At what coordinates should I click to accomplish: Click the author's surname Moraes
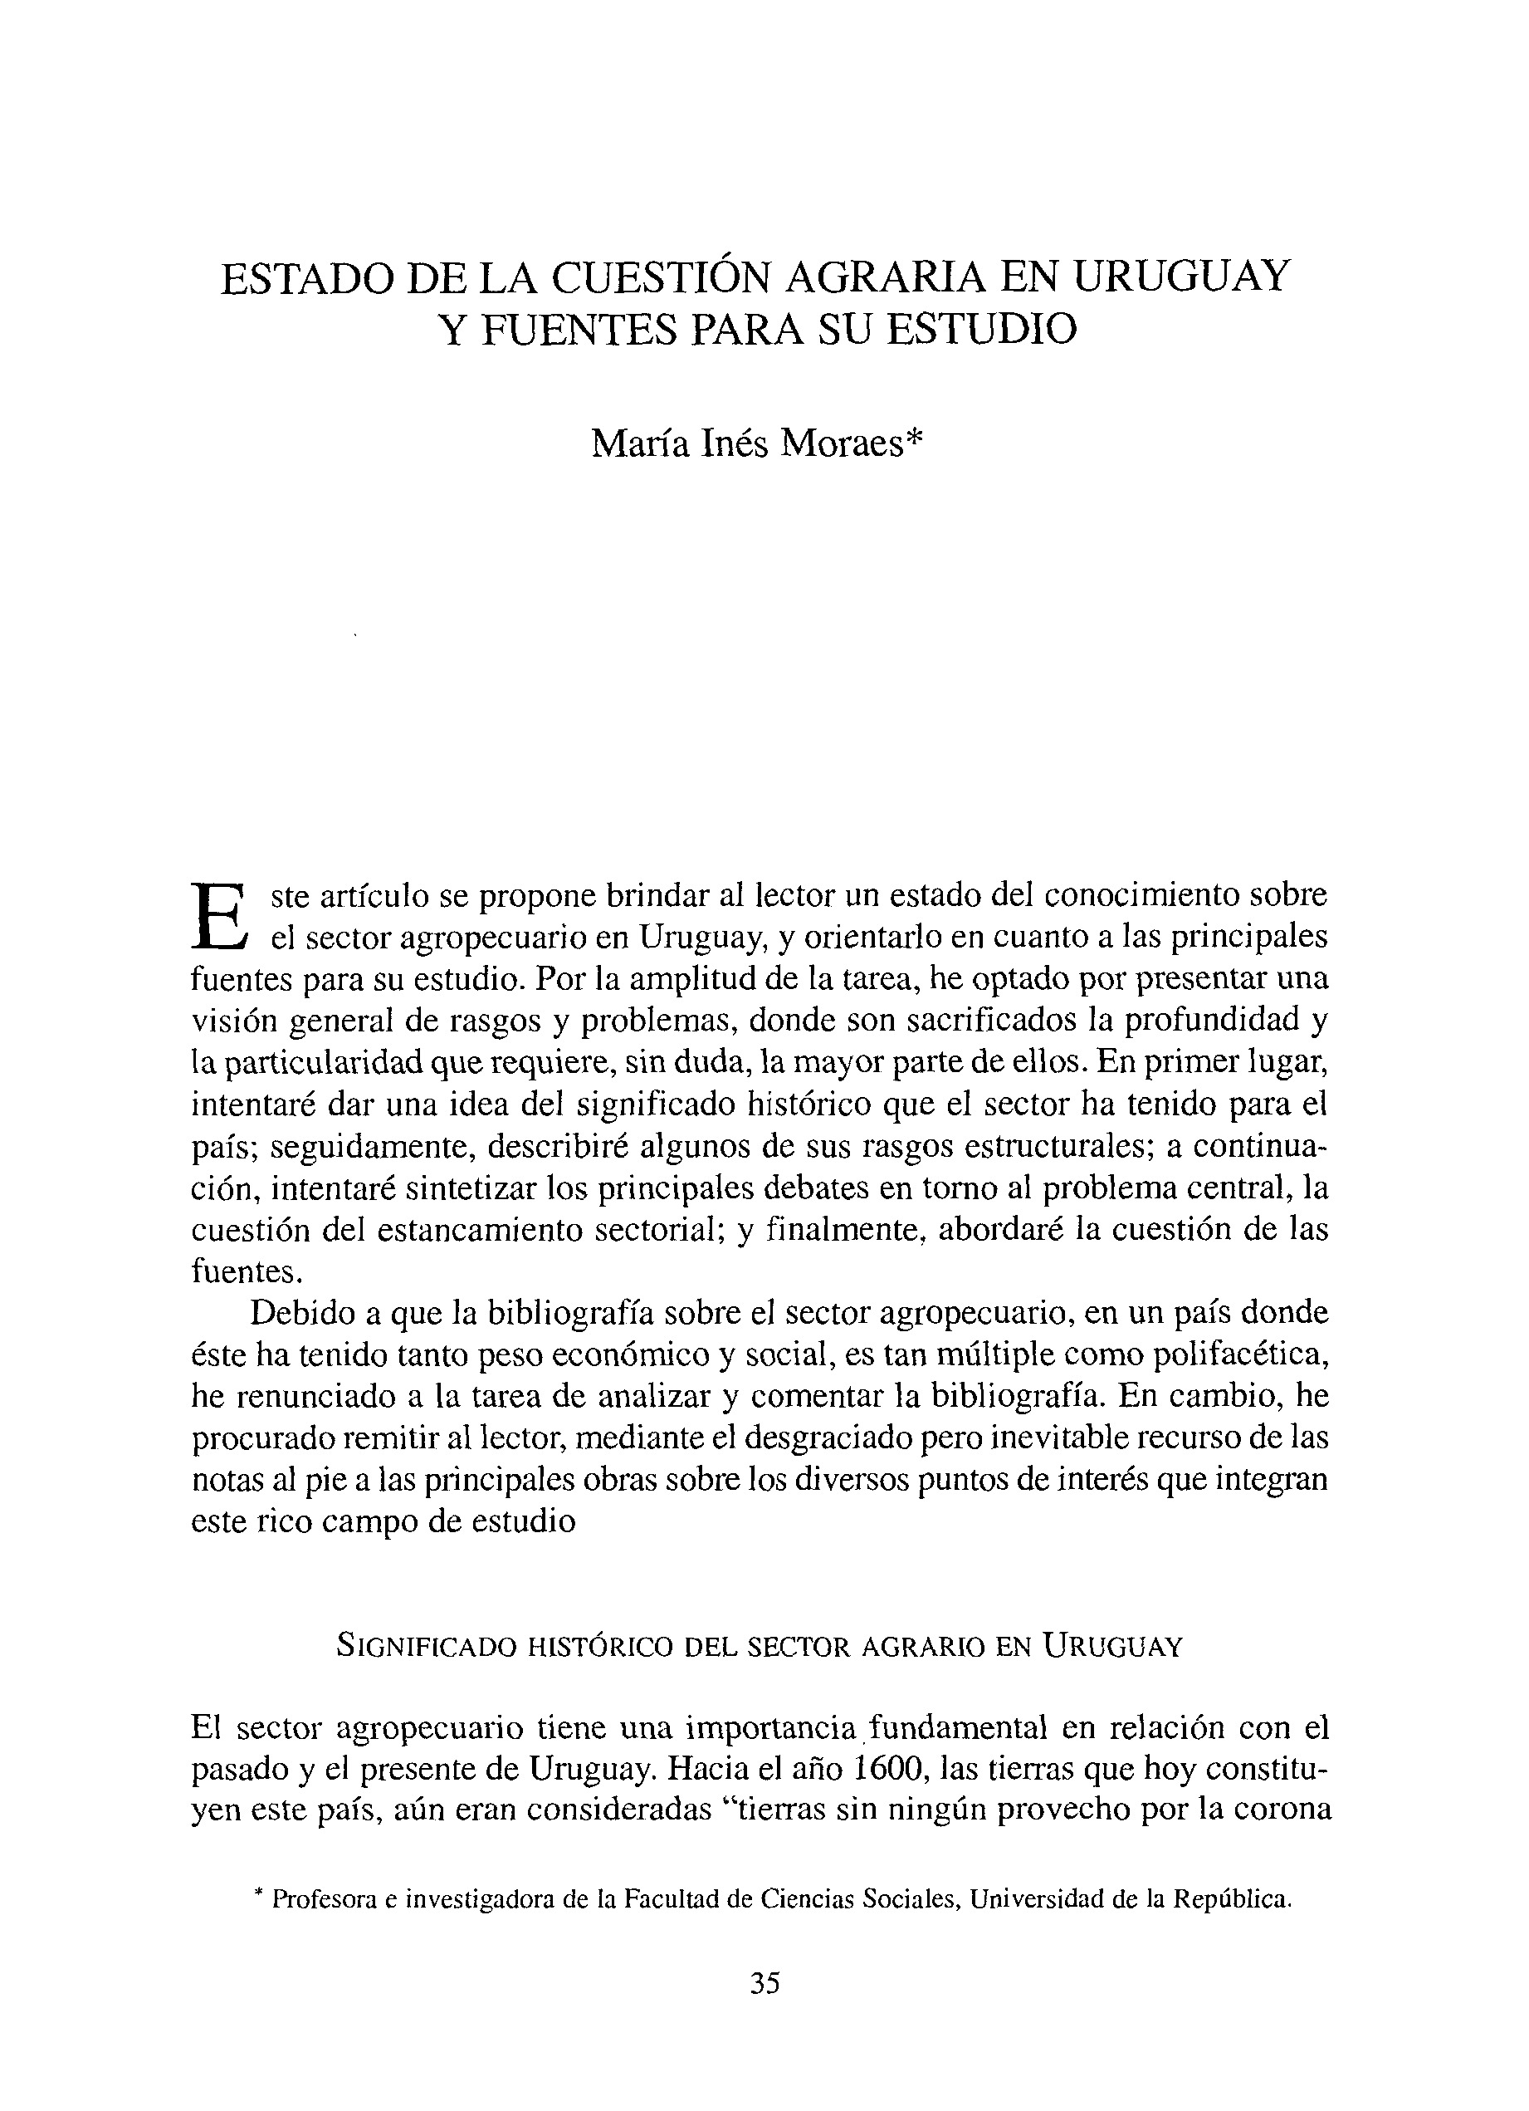[843, 445]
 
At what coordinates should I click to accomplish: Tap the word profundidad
[1214, 1020]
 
